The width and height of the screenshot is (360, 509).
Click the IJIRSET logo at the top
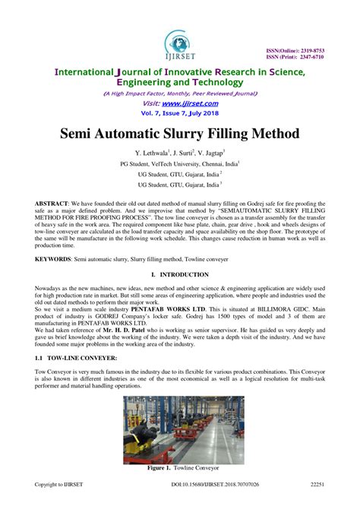[x=180, y=44]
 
